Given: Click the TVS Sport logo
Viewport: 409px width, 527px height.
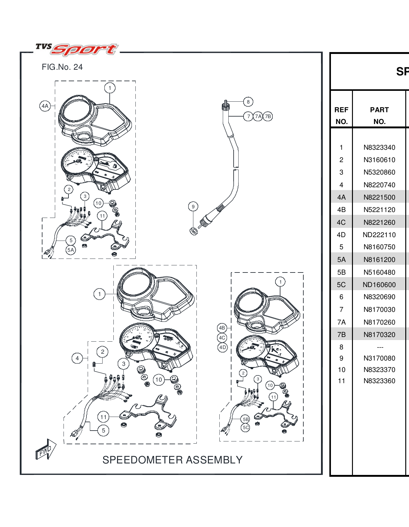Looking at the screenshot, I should pyautogui.click(x=77, y=49).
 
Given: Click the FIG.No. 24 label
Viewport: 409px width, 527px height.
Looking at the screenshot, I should pyautogui.click(x=62, y=67).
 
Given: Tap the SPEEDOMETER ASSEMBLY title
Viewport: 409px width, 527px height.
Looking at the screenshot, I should pyautogui.click(x=172, y=460).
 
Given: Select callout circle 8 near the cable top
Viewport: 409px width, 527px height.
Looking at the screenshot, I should pyautogui.click(x=248, y=102).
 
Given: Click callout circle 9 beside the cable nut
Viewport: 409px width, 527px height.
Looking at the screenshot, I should pyautogui.click(x=193, y=206).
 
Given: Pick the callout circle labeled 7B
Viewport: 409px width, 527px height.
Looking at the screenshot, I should pyautogui.click(x=268, y=117).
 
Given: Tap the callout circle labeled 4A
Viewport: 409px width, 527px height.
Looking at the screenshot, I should pyautogui.click(x=45, y=106).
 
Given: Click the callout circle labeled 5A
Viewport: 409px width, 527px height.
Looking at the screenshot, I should pyautogui.click(x=71, y=250).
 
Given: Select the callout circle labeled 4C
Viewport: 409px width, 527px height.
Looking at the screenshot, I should pyautogui.click(x=222, y=338).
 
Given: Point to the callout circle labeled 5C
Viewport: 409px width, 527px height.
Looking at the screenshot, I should pyautogui.click(x=245, y=427).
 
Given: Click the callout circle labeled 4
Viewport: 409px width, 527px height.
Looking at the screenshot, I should pyautogui.click(x=77, y=358).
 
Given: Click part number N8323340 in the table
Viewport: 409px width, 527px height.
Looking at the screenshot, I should pyautogui.click(x=379, y=148).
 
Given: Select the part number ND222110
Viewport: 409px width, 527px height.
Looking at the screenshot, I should pyautogui.click(x=379, y=235).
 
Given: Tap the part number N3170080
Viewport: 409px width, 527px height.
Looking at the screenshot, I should pyautogui.click(x=379, y=358).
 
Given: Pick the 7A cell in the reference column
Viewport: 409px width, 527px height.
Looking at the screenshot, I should pyautogui.click(x=341, y=322).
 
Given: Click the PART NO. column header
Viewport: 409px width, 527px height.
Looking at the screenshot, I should pyautogui.click(x=379, y=115).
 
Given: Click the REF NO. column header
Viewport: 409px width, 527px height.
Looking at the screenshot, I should pyautogui.click(x=341, y=115).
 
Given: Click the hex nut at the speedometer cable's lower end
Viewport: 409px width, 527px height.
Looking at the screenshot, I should pyautogui.click(x=194, y=231).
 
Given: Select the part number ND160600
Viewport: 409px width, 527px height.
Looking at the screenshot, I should pyautogui.click(x=379, y=285).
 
